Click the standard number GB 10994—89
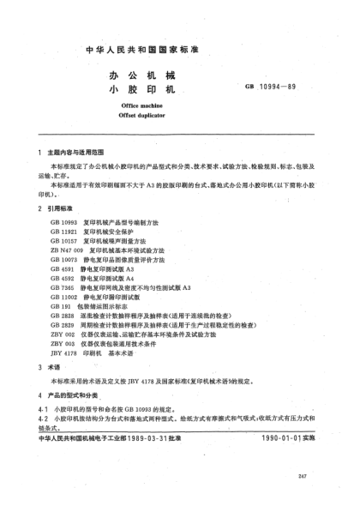click(x=294, y=87)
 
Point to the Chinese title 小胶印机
click(x=143, y=88)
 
